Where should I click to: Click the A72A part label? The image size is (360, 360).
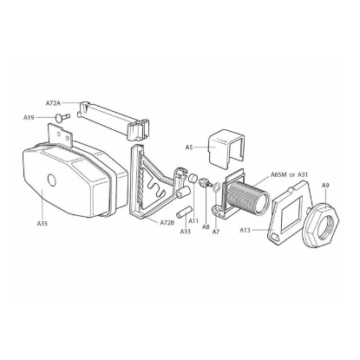pos(53,102)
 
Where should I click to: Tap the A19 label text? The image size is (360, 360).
pos(29,117)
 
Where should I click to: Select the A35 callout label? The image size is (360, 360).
pos(43,223)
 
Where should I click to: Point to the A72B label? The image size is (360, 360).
pos(167,223)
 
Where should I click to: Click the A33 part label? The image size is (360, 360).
pos(186,232)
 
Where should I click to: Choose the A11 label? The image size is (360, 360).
pos(193,221)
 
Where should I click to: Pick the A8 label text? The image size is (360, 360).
pos(206,227)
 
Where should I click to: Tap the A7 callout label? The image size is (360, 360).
pos(216,232)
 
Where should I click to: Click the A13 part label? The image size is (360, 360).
pos(245,230)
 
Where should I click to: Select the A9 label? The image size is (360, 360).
pos(325,186)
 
